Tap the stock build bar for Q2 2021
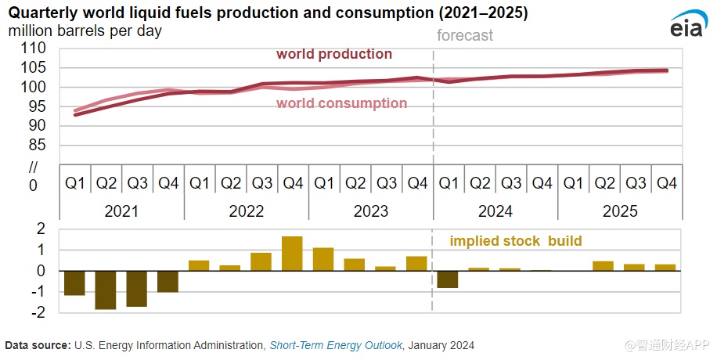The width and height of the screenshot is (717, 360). point(106,290)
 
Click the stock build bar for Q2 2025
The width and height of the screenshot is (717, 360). point(603,266)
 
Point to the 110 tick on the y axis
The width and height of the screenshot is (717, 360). point(34,49)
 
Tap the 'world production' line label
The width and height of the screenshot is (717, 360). point(334,54)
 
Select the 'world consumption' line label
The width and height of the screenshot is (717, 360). point(341,103)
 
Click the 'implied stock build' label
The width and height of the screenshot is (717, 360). point(515,240)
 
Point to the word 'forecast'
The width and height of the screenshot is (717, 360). point(465,35)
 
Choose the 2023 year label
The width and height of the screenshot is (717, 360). point(370,211)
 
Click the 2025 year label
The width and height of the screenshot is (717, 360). point(619,211)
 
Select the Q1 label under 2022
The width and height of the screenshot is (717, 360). point(200,183)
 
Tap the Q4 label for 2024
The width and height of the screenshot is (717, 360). point(542,183)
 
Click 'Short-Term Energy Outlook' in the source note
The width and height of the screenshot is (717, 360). point(336,345)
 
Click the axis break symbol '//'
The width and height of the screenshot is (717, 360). point(33,166)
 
